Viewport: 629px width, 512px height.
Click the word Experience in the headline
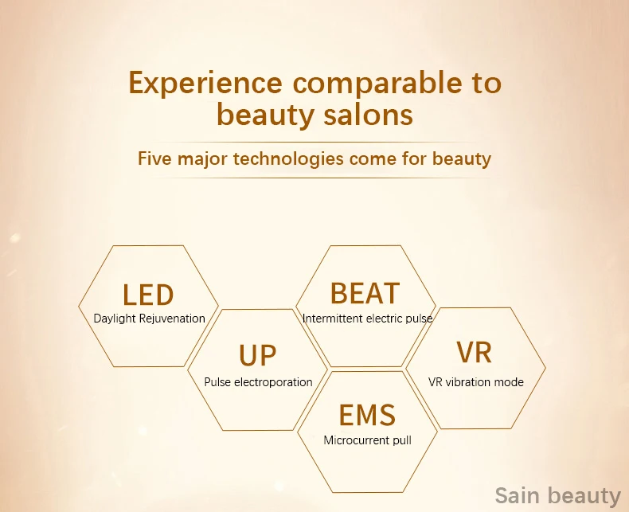click(x=205, y=83)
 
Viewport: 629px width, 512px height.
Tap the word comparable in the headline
click(x=377, y=83)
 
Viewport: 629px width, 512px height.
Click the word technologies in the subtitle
click(x=288, y=158)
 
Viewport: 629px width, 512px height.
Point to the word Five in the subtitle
click(x=155, y=158)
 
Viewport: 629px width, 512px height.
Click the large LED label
click(x=148, y=295)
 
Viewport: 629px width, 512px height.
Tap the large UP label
click(x=257, y=355)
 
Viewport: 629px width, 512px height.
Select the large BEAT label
click(x=365, y=293)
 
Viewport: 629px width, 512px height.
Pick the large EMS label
click(x=368, y=415)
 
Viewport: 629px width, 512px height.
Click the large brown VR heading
click(x=475, y=352)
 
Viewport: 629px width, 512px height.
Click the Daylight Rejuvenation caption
click(x=149, y=319)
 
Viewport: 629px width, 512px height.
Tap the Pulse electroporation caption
click(x=258, y=382)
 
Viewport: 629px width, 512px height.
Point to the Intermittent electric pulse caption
click(x=368, y=319)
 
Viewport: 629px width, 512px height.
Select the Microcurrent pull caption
click(x=368, y=440)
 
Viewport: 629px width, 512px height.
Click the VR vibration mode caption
click(x=476, y=382)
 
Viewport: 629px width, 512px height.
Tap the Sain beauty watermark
click(x=558, y=496)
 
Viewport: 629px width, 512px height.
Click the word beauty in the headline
click(x=265, y=115)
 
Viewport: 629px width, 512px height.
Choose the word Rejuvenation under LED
click(x=172, y=319)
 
